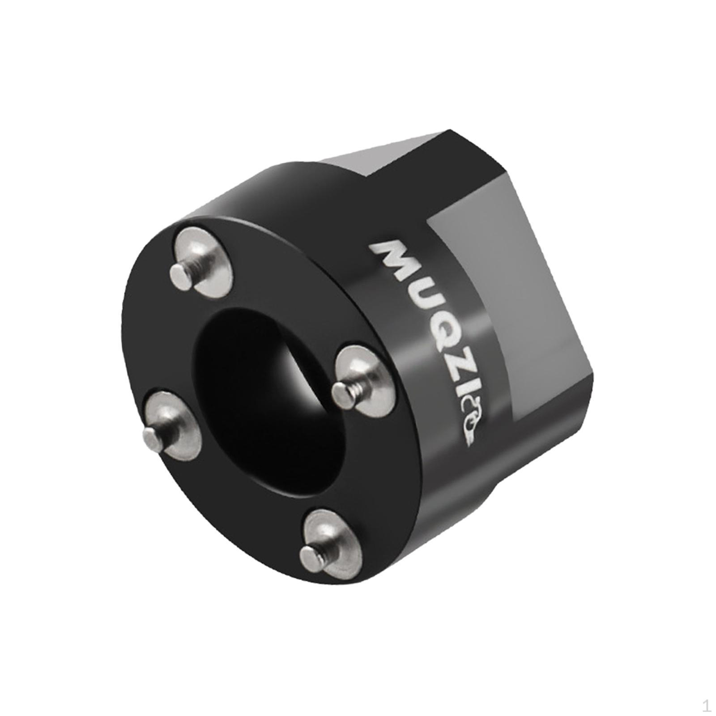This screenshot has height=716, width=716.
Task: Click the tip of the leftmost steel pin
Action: click(x=150, y=435)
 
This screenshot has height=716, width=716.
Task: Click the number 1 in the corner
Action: click(x=706, y=707)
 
